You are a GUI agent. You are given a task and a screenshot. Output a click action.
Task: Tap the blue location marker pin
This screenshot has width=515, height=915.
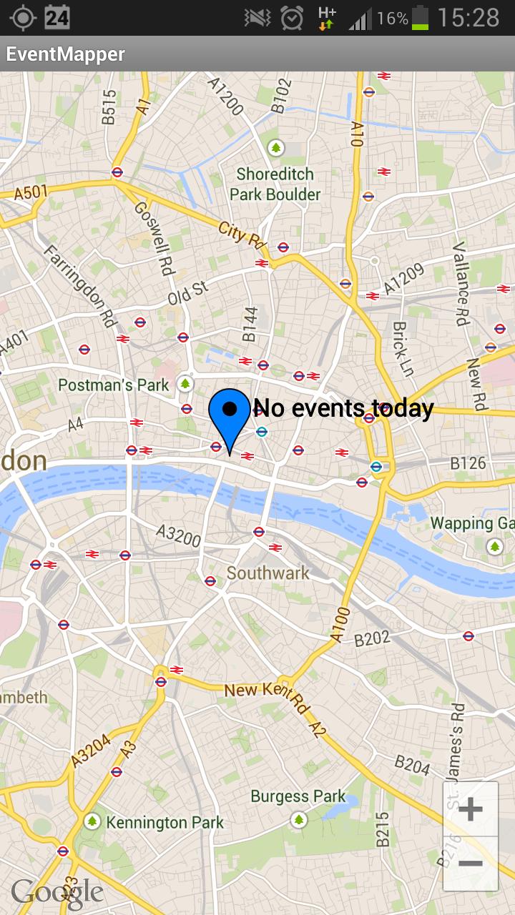click(230, 415)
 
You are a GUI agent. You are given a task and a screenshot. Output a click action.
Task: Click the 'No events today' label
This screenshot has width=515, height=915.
click(343, 408)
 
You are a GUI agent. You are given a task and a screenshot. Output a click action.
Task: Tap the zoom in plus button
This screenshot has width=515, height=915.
click(470, 809)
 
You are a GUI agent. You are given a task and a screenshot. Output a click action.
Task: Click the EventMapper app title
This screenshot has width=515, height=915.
click(66, 54)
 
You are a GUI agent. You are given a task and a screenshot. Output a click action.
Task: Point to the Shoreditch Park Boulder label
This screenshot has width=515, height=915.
click(275, 184)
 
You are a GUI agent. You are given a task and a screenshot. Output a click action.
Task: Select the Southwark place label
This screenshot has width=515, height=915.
click(268, 573)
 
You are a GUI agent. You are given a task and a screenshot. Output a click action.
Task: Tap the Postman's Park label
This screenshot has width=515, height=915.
click(114, 385)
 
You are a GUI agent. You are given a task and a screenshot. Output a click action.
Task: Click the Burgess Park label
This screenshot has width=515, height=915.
click(298, 796)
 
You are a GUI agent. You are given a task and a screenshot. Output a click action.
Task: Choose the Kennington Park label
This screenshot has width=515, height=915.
click(165, 823)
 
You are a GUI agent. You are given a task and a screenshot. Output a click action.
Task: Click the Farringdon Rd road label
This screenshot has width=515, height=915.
click(80, 286)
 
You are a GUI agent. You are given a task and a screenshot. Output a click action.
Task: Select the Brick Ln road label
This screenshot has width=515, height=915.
click(403, 348)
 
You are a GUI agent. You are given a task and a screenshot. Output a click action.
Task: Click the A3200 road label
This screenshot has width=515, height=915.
click(178, 535)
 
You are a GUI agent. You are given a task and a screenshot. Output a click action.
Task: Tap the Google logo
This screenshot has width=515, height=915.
click(57, 892)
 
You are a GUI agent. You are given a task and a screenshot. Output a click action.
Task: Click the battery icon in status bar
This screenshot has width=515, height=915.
click(420, 18)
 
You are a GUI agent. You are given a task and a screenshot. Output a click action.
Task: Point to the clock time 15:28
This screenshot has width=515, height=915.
click(469, 18)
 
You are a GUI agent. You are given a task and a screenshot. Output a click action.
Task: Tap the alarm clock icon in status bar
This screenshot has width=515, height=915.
click(292, 18)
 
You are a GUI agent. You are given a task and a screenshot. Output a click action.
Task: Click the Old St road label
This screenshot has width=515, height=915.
click(188, 292)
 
